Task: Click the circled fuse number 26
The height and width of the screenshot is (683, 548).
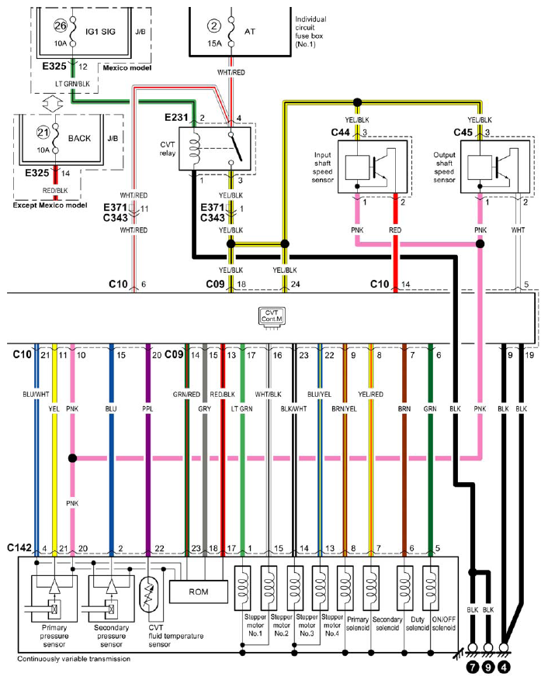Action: [61, 26]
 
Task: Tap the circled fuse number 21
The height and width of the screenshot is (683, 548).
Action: [43, 132]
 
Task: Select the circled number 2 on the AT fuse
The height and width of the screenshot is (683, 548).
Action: [214, 26]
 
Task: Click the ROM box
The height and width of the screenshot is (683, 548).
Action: [199, 592]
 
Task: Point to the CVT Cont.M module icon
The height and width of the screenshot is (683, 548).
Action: [271, 316]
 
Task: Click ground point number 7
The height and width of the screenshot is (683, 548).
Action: [473, 667]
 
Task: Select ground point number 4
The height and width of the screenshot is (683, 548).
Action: [504, 667]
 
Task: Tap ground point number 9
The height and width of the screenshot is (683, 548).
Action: [488, 667]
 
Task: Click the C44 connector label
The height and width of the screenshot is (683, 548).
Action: [341, 132]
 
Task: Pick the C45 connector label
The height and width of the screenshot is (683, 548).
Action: [463, 132]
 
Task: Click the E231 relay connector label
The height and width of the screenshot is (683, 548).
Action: [176, 118]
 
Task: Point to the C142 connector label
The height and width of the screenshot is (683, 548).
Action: [19, 547]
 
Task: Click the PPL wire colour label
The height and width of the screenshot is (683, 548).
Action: [147, 409]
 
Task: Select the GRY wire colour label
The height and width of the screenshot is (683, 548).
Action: [204, 409]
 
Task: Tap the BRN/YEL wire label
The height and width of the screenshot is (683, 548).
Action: [344, 409]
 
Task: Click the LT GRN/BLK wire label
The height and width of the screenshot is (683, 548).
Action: [72, 84]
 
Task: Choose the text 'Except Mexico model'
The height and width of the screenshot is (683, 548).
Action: [50, 205]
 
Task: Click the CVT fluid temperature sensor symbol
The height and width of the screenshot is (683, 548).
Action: [149, 594]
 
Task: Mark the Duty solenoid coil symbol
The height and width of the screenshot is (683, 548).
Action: [404, 588]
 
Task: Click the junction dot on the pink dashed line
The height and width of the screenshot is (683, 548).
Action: [72, 458]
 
